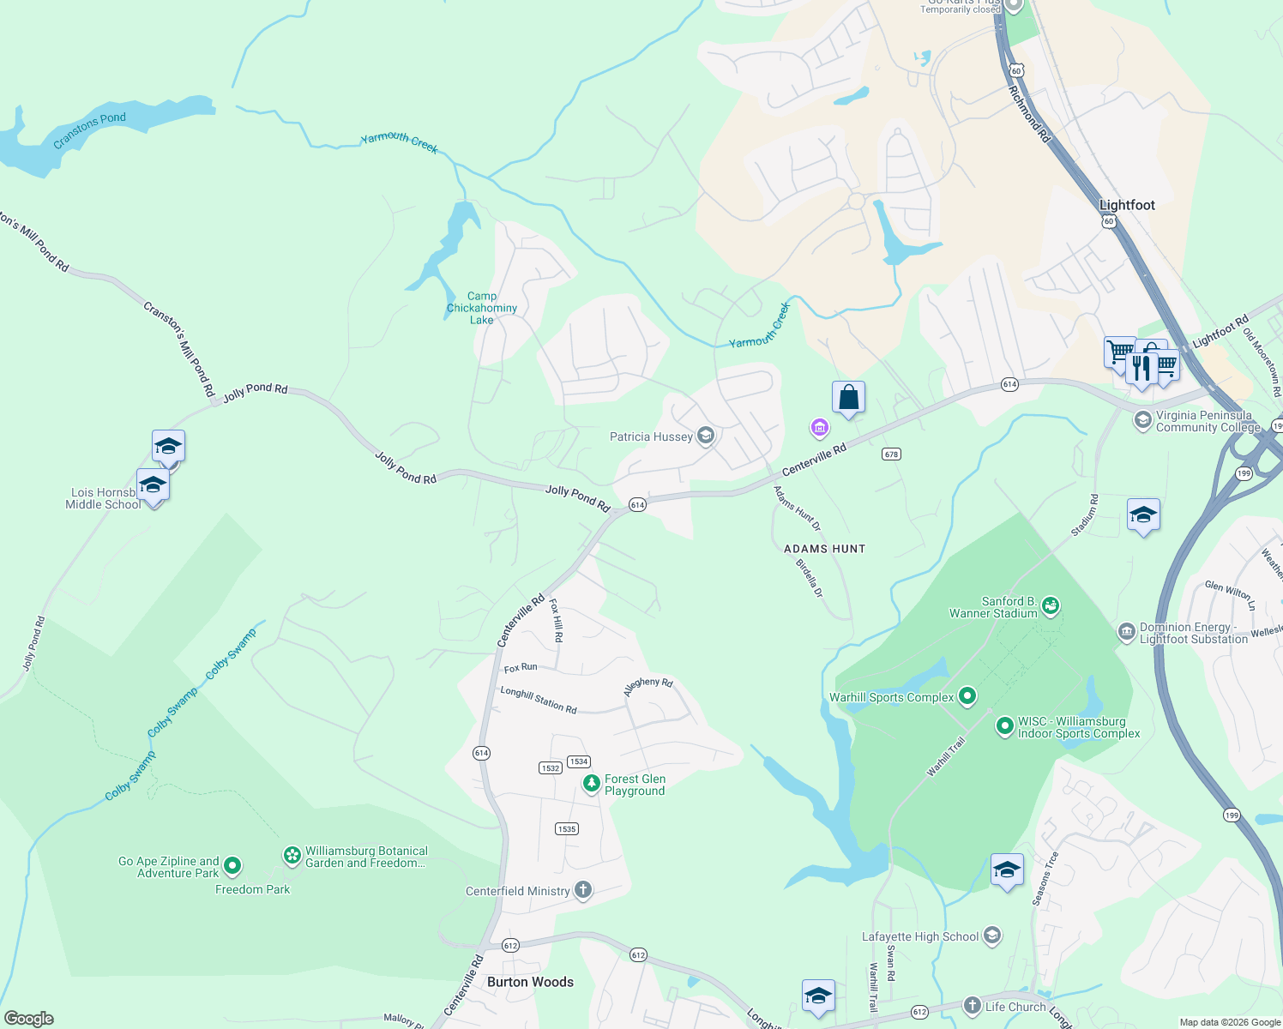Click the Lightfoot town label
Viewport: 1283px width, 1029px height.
tap(1127, 205)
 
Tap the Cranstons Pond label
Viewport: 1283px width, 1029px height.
tap(89, 130)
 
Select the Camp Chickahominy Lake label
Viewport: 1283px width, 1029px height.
tap(482, 308)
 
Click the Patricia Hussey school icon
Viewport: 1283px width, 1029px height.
tap(706, 436)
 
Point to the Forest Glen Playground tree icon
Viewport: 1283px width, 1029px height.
tap(591, 784)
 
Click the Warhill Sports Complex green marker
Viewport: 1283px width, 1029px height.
tap(967, 696)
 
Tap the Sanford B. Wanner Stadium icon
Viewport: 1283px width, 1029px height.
tap(1051, 607)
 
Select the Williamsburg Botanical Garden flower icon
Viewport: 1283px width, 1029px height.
tap(292, 855)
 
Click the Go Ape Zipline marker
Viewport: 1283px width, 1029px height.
tap(232, 866)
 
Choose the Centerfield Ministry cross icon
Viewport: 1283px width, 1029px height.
tap(583, 890)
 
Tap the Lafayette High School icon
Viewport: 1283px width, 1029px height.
tap(992, 936)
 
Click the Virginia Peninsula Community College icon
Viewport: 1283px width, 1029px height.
tap(1142, 420)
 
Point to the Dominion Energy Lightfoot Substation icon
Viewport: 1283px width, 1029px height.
tap(1126, 632)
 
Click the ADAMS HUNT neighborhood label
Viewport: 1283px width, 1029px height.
tap(824, 549)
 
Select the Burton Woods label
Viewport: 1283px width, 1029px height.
tap(530, 982)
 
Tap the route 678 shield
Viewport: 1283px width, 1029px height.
tap(891, 454)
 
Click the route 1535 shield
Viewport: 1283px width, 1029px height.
tap(567, 828)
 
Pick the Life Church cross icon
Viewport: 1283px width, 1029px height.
tap(972, 1005)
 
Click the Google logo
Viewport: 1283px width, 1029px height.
tap(28, 1019)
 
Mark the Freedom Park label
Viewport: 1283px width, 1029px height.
tap(252, 889)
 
